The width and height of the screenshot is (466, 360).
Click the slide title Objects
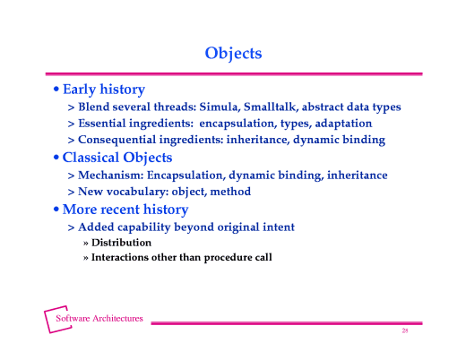pos(233,53)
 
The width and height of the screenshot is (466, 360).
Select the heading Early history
pos(103,90)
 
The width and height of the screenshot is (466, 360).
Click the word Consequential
pos(120,141)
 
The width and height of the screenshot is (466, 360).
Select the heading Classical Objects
pos(116,158)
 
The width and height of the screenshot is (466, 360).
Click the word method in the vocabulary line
pos(229,192)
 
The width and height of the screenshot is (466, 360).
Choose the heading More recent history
pos(125,210)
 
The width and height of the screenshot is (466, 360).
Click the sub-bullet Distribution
pos(121,243)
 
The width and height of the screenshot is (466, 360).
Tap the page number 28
pos(405,331)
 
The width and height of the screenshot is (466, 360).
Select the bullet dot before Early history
pos(56,90)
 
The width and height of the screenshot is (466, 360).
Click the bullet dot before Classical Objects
pos(56,159)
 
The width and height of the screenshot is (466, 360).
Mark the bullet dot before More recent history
pos(56,210)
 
